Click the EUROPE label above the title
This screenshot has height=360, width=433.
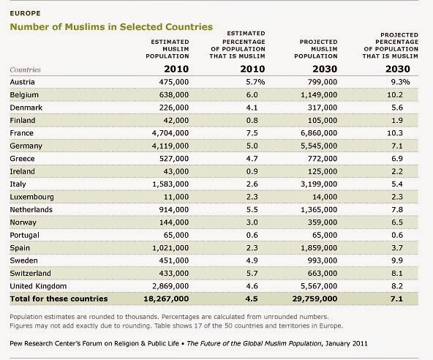coord(25,13)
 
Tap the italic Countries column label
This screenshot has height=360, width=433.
coord(25,70)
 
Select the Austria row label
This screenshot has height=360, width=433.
coord(23,82)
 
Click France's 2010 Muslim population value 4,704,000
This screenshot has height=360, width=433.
coord(170,133)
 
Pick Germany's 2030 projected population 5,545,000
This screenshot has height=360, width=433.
coord(319,146)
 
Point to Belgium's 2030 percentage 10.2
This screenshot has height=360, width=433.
coord(395,95)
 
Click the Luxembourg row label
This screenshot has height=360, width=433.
coord(31,197)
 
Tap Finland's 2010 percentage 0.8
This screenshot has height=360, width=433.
coord(252,121)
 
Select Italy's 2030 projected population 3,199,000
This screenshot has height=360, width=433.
coord(319,184)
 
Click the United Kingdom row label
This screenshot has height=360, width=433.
coord(38,286)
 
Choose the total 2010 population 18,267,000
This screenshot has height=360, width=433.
coord(166,299)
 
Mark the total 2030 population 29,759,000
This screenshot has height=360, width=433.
coord(315,299)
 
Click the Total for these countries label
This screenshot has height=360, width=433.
coord(59,299)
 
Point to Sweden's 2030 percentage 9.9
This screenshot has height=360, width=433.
coord(397,260)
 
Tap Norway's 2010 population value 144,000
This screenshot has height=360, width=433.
coord(174,222)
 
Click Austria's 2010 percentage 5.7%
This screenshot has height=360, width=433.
coord(255,82)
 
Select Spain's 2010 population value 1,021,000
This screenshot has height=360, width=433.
coord(170,248)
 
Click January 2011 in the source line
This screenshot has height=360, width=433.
coord(347,343)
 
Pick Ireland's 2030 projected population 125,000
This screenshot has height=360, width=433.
coord(323,171)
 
